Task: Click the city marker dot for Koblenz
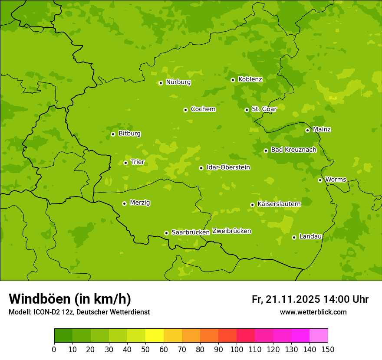click(x=233, y=80)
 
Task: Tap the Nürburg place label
click(x=178, y=82)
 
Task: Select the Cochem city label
click(x=203, y=109)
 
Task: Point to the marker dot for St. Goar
click(x=247, y=110)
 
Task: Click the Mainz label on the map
click(x=322, y=129)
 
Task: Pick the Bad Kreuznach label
click(x=293, y=150)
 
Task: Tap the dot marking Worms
click(x=320, y=180)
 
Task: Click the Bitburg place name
click(x=129, y=134)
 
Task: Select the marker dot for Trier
click(x=126, y=163)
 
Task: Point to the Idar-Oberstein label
click(x=228, y=167)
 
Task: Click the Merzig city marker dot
click(x=125, y=203)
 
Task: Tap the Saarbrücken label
click(x=190, y=232)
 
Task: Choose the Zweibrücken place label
click(x=231, y=231)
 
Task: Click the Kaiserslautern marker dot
click(x=253, y=205)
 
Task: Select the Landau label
click(x=310, y=236)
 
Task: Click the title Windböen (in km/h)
click(x=70, y=299)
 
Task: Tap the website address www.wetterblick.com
click(x=313, y=312)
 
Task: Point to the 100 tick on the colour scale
click(x=237, y=349)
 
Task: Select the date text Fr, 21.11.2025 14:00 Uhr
click(x=310, y=299)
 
